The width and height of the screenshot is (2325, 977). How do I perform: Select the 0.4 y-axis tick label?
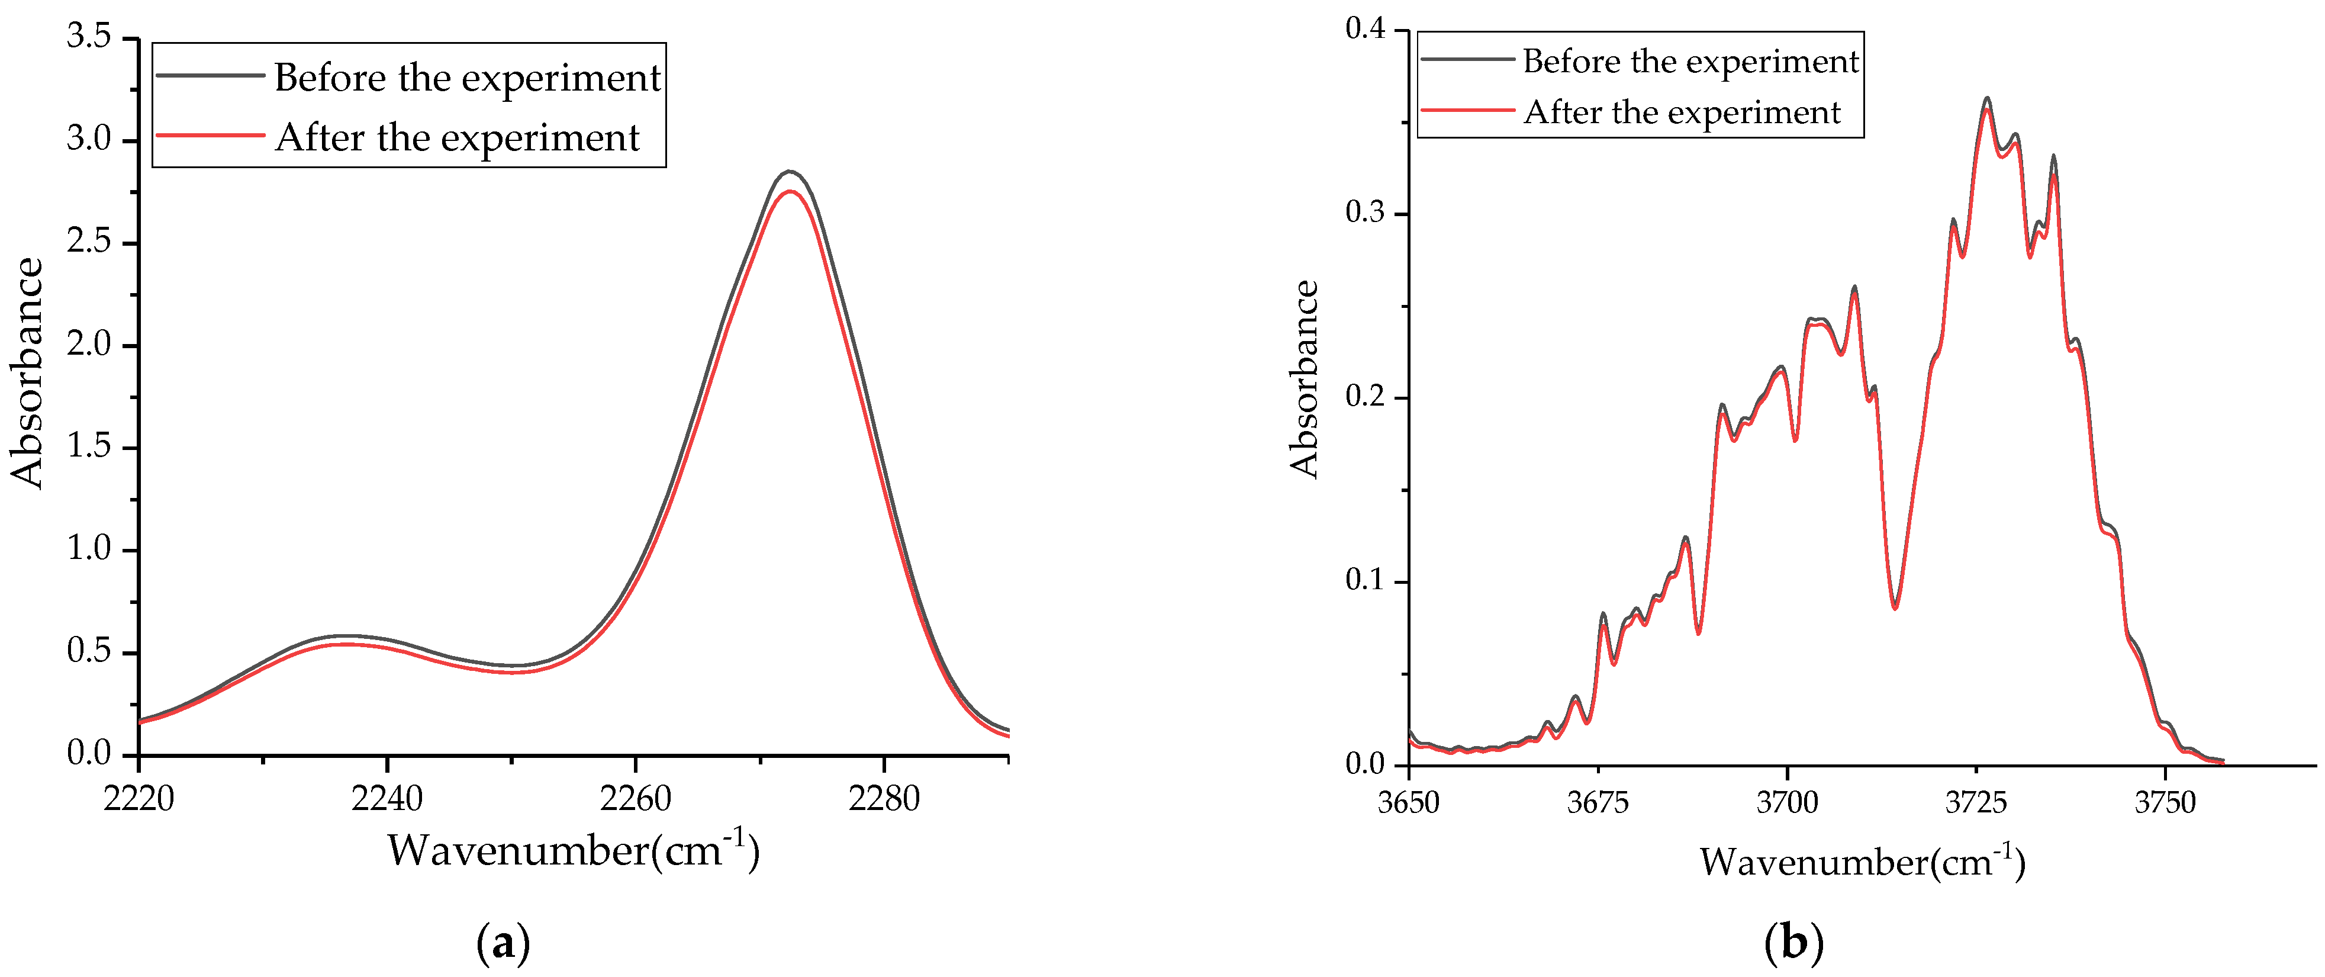tap(1365, 30)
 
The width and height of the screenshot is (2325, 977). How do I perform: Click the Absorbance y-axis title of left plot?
tap(27, 373)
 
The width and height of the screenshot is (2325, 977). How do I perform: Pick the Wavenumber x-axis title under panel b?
tap(1863, 862)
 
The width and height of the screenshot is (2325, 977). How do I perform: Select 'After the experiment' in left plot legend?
tap(458, 138)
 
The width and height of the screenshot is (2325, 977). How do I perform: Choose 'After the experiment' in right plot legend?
tap(1682, 113)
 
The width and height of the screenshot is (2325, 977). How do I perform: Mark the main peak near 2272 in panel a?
tap(790, 172)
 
